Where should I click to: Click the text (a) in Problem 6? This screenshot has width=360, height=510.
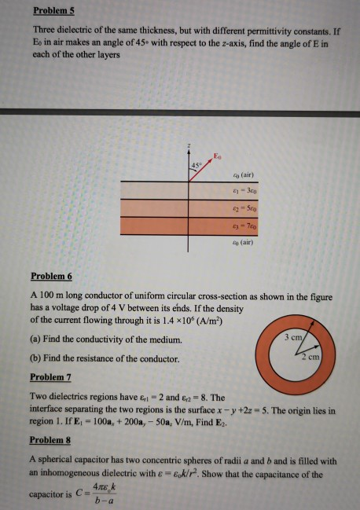point(34,339)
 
